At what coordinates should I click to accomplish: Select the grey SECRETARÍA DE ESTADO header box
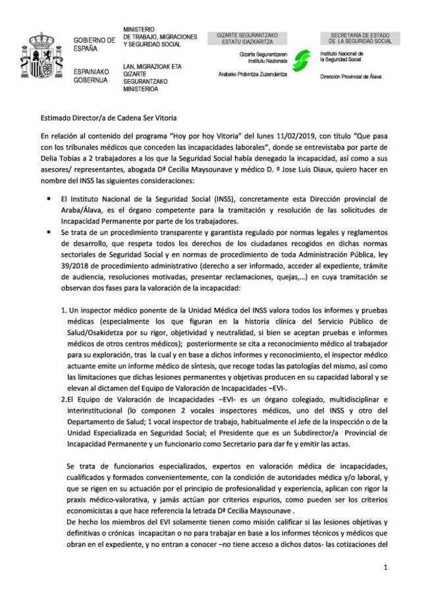coord(360,38)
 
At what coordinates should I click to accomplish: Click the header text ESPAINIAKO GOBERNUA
coord(92,74)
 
